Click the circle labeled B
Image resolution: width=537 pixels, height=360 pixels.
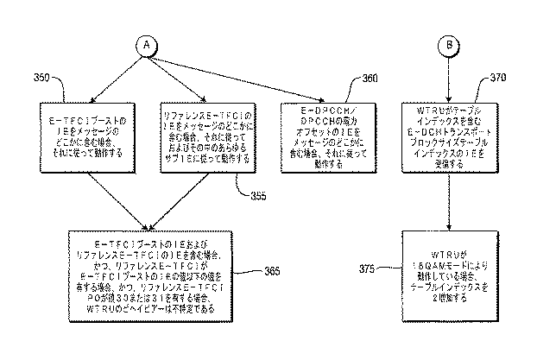(x=447, y=45)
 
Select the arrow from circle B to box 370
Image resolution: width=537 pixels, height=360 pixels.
(x=447, y=76)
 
